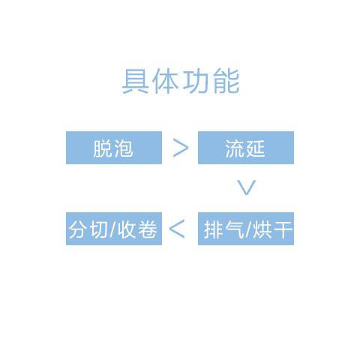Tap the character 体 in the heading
[x=165, y=81]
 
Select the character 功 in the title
[x=196, y=81]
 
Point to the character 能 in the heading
[x=226, y=81]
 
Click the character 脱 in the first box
[x=103, y=148]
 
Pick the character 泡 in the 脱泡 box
[x=123, y=148]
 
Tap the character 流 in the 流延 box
[x=235, y=148]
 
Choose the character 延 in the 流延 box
[x=255, y=148]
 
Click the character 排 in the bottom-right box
[x=214, y=229]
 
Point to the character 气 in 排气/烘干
[x=234, y=229]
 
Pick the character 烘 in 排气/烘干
[x=262, y=229]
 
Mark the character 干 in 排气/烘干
[x=283, y=229]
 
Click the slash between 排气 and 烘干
[x=248, y=229]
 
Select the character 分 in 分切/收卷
[x=78, y=229]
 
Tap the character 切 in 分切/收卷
[x=98, y=229]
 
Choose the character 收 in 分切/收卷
[x=127, y=229]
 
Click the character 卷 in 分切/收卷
[x=147, y=229]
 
